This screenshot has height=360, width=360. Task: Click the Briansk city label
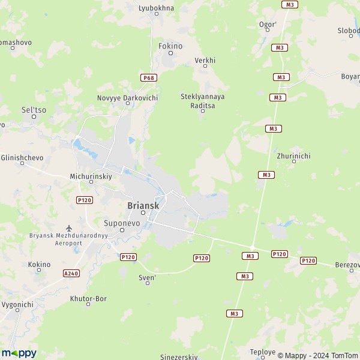(x=143, y=205)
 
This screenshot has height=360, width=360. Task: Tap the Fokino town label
(x=170, y=46)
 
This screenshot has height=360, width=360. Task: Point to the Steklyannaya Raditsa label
(x=198, y=101)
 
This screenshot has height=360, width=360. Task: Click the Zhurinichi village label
(x=293, y=156)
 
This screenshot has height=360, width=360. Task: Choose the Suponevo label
(x=121, y=223)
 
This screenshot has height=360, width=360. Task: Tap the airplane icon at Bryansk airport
(x=69, y=228)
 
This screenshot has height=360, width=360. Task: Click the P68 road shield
(x=148, y=77)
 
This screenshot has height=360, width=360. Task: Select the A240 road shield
(x=71, y=273)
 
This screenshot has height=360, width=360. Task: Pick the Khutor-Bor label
(x=88, y=298)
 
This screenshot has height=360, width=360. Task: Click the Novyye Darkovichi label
(x=127, y=97)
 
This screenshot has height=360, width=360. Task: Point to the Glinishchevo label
(x=22, y=157)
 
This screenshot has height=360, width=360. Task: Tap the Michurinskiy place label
(x=91, y=177)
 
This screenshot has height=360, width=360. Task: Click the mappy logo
(x=19, y=353)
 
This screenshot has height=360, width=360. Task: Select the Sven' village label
(x=147, y=278)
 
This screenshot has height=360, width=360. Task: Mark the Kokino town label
(x=40, y=264)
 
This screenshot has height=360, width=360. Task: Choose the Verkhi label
(x=205, y=61)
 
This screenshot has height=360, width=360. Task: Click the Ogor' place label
(x=268, y=25)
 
